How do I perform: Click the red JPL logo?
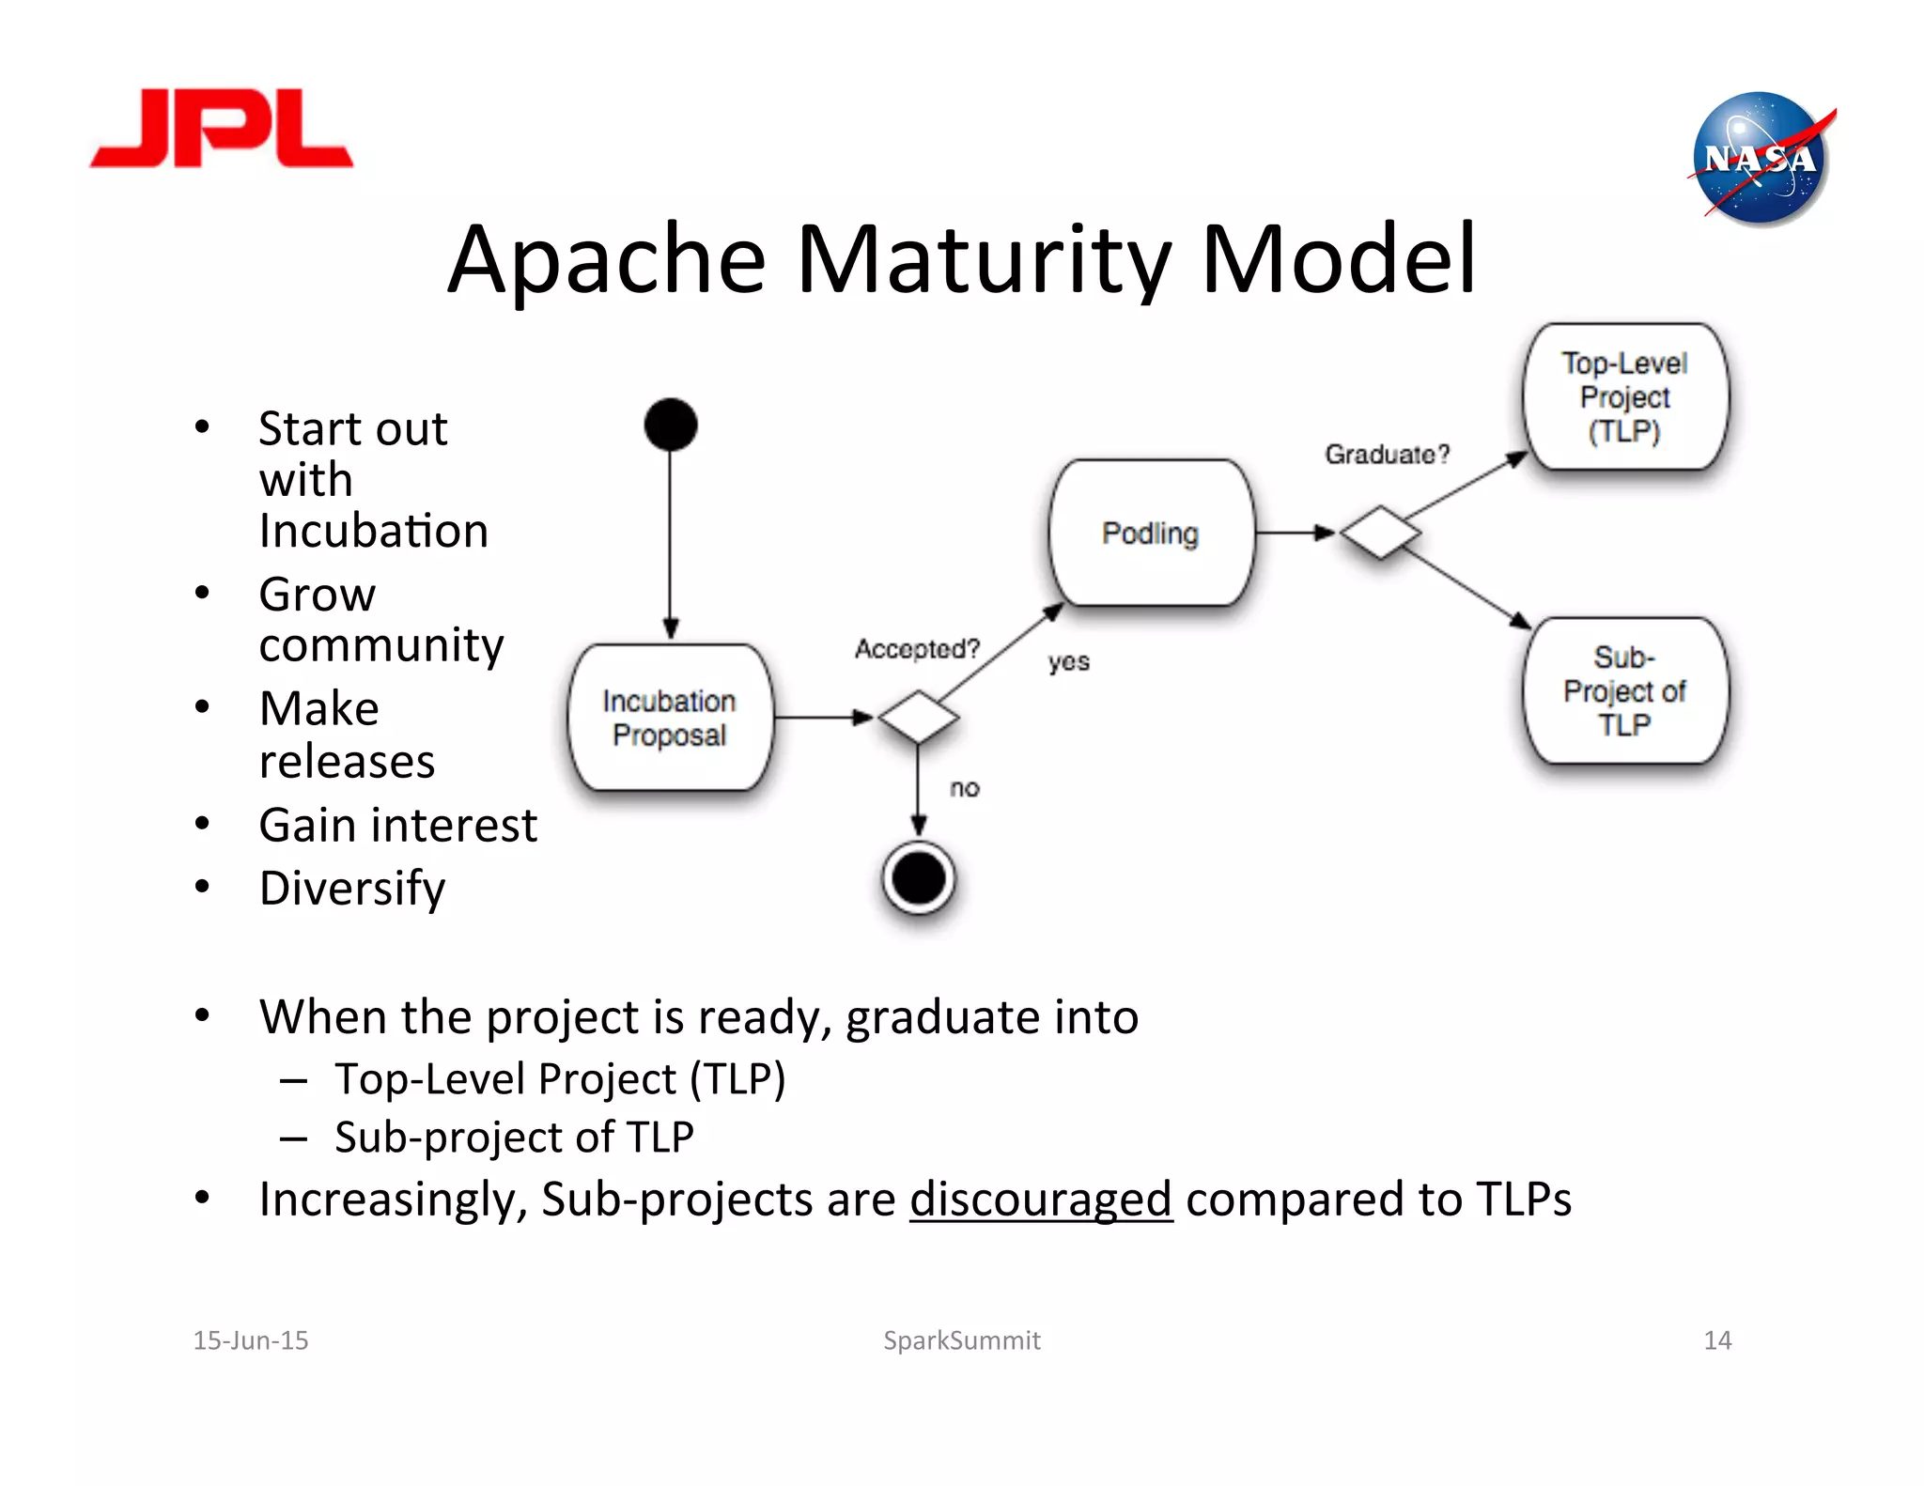222,130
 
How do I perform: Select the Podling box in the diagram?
1151,534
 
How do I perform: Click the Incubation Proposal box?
670,718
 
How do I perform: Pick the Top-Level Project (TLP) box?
1625,397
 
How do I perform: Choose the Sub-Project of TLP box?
1625,690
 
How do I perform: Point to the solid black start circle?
671,425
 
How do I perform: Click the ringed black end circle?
919,878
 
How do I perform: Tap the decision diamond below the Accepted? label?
918,718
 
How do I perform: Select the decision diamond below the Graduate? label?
1380,533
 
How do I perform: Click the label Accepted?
917,649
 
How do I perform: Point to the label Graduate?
1387,455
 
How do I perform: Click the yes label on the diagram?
1069,662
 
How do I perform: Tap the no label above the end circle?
965,788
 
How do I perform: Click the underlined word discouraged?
1041,1200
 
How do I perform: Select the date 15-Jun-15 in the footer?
251,1340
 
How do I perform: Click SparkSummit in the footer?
961,1340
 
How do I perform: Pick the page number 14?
1717,1340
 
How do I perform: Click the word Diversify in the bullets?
352,888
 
